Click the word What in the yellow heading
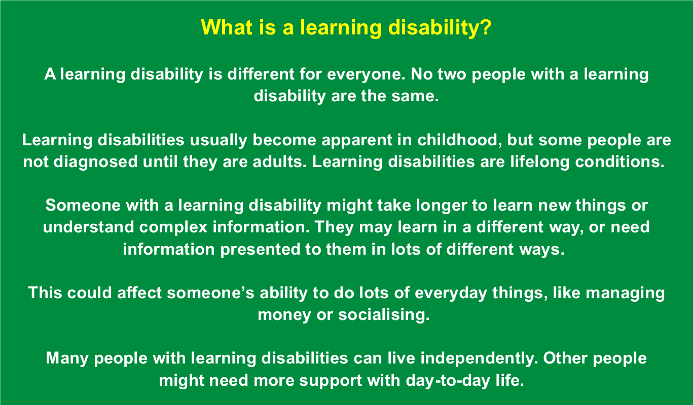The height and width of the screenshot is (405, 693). click(227, 27)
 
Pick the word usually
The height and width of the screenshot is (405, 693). click(218, 141)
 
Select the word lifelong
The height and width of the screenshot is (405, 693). click(540, 163)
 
